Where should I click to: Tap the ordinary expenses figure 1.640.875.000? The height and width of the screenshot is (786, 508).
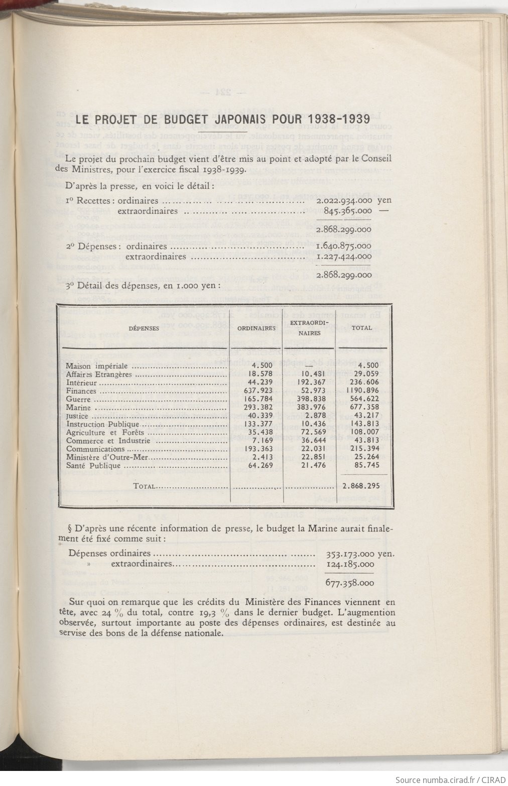pos(344,246)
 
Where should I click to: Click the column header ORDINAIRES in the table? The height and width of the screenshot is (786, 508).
pos(257,328)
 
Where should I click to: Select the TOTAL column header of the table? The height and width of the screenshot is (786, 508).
pos(361,328)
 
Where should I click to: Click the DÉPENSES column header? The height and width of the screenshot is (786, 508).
pos(144,328)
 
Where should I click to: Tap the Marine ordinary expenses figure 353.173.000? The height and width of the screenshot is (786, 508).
pos(354,555)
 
